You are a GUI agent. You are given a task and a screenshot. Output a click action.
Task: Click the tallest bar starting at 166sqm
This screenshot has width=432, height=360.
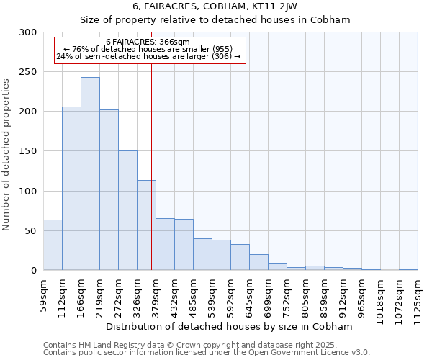pyautogui.click(x=90, y=174)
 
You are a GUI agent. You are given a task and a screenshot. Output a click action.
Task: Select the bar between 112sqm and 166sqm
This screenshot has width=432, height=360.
pyautogui.click(x=71, y=189)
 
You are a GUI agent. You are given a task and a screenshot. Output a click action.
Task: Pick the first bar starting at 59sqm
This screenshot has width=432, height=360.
pyautogui.click(x=53, y=245)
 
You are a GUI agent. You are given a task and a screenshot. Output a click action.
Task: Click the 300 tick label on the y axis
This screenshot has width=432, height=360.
pyautogui.click(x=28, y=32)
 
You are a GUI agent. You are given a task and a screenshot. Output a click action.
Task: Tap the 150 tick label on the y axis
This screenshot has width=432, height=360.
pyautogui.click(x=28, y=151)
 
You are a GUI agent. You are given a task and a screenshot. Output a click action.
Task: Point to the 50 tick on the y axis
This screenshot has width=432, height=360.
pyautogui.click(x=31, y=231)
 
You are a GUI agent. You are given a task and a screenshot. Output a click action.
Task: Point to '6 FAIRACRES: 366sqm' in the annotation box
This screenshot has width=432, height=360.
pyautogui.click(x=148, y=42)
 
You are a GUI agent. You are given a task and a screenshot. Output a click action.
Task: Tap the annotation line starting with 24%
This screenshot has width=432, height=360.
pyautogui.click(x=148, y=56)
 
